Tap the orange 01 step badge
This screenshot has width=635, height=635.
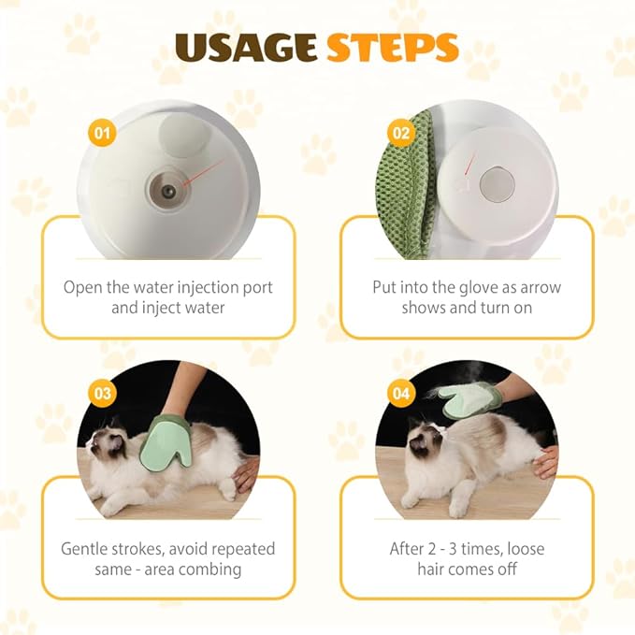pos(102,133)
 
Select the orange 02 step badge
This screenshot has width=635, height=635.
pos(401,134)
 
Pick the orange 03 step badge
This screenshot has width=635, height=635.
pos(102,393)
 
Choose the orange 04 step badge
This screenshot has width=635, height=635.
pos(401,393)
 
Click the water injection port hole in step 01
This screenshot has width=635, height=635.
pos(168,190)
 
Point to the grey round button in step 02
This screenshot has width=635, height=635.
pos(496,183)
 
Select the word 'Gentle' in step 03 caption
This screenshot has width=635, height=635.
pos(88,549)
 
